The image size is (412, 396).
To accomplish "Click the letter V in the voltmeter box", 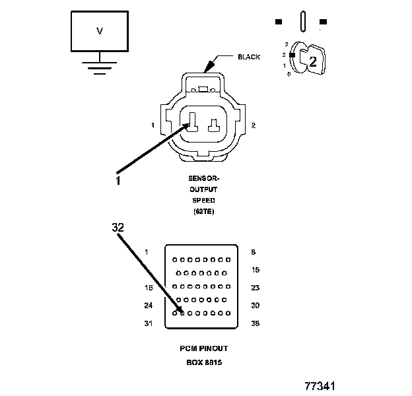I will coord(100,31).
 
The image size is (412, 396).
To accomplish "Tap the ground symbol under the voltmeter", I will coord(99,67).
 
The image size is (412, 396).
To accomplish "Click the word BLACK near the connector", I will coord(248,57).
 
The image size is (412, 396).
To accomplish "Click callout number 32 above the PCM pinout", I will coord(118,226).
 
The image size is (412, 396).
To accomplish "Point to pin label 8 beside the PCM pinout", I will coord(254,252).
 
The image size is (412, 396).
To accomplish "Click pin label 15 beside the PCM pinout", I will coord(256,270).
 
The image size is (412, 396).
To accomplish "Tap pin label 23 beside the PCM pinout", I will coord(256,287).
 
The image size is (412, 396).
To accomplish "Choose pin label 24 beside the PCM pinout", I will coord(148,305).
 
